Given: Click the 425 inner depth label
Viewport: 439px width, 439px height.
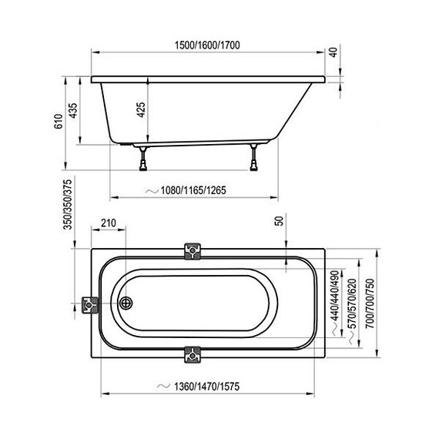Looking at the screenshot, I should pos(141,109).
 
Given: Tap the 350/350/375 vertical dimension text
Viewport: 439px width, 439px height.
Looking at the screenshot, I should pos(68,205).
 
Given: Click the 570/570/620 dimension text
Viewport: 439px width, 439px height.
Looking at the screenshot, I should pos(352,301).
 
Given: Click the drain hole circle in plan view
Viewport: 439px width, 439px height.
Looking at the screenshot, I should pos(126,303).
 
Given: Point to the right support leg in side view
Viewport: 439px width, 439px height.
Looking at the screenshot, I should pos(253,159).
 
